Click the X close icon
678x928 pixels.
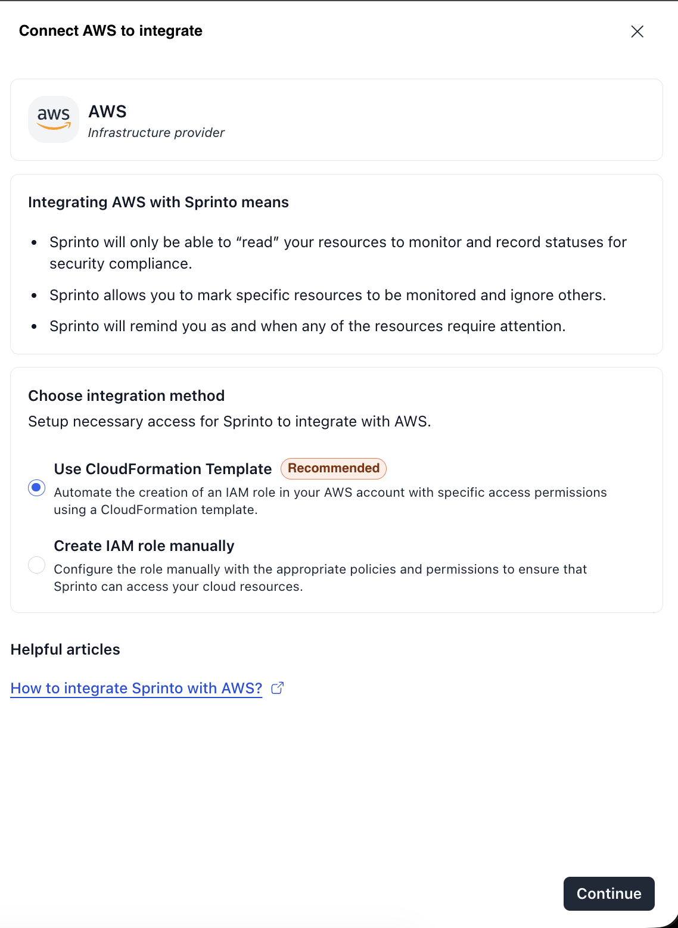pyautogui.click(x=637, y=32)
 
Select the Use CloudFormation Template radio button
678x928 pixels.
pyautogui.click(x=37, y=488)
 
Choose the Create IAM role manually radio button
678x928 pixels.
pyautogui.click(x=37, y=565)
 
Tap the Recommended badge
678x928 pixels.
pyautogui.click(x=334, y=468)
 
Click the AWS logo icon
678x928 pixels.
pyautogui.click(x=54, y=119)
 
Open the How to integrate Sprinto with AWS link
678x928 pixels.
pyautogui.click(x=136, y=688)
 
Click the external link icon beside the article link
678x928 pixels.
pyautogui.click(x=278, y=688)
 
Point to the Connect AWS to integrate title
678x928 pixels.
pyautogui.click(x=111, y=31)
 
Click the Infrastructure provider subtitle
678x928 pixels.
pyautogui.click(x=156, y=133)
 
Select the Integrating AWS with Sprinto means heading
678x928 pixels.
pyautogui.click(x=158, y=203)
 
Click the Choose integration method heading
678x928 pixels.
pyautogui.click(x=126, y=396)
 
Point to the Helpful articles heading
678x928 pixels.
pyautogui.click(x=66, y=649)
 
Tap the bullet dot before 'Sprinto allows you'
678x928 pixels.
pyautogui.click(x=35, y=295)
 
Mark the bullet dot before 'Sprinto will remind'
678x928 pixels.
pyautogui.click(x=35, y=326)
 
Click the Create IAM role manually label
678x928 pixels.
pyautogui.click(x=144, y=546)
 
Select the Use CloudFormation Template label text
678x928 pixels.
pyautogui.click(x=163, y=469)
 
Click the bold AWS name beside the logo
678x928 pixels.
pyautogui.click(x=108, y=112)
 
